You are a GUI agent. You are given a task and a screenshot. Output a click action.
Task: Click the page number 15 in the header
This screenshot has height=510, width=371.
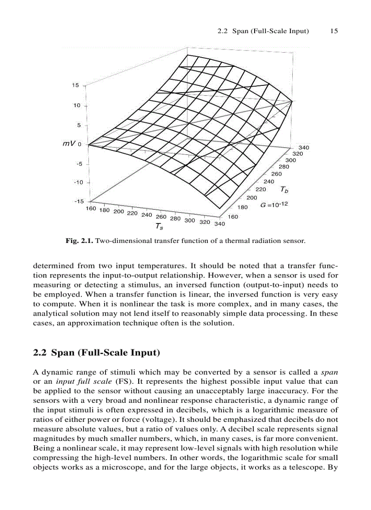(x=334, y=31)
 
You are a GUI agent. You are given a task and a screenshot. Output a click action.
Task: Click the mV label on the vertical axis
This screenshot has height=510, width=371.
(x=69, y=144)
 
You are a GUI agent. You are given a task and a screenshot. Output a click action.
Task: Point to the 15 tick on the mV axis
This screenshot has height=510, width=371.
(x=75, y=85)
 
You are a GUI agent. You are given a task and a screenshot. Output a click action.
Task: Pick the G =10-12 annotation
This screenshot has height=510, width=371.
(x=274, y=205)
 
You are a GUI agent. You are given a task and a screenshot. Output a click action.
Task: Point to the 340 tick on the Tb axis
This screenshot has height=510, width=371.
(x=303, y=148)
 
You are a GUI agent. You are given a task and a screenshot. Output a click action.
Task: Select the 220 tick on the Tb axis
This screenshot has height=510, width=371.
(x=261, y=189)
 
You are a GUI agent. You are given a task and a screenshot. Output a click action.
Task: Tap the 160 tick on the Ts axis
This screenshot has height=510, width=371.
(x=90, y=208)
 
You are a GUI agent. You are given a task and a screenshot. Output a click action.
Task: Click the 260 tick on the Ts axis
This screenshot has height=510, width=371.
(x=161, y=217)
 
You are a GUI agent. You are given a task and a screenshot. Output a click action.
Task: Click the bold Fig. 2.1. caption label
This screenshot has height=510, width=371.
(x=80, y=241)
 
